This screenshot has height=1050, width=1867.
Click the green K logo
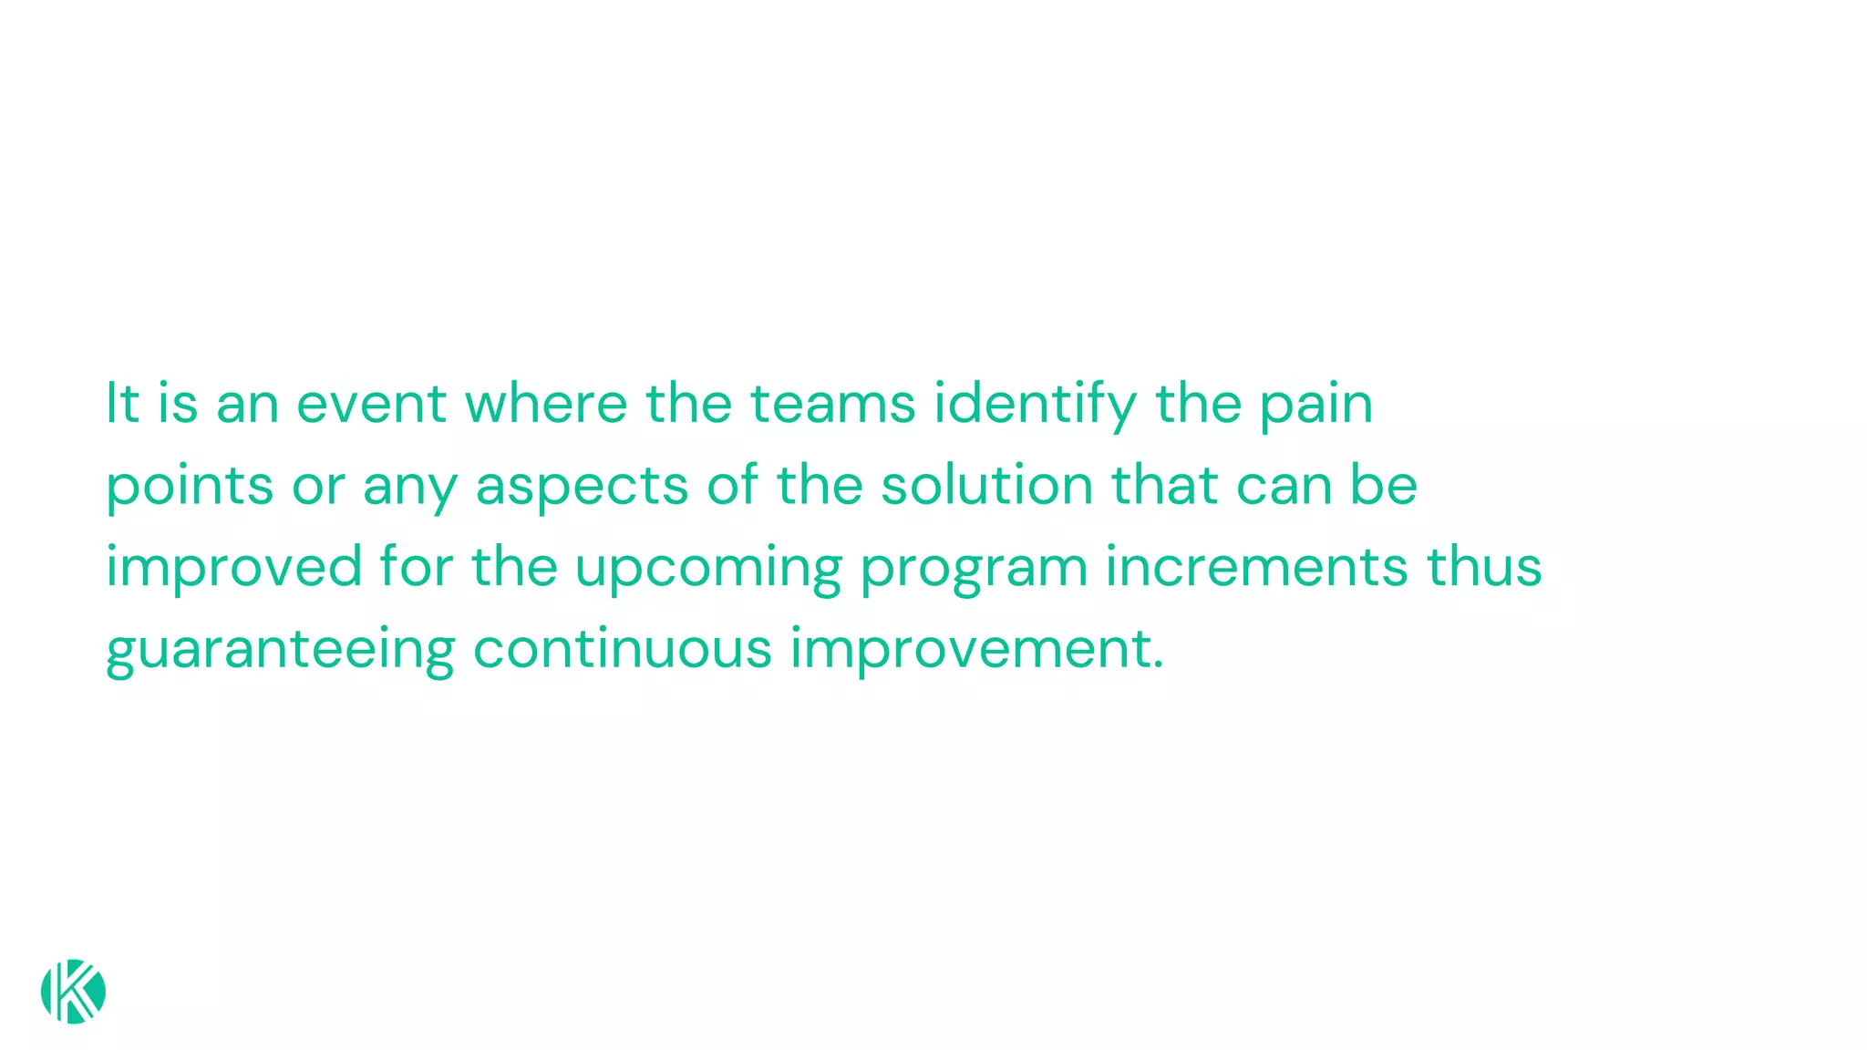(73, 992)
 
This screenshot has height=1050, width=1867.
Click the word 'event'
(371, 404)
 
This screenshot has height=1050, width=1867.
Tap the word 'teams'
(832, 404)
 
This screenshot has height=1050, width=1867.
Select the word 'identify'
(1036, 404)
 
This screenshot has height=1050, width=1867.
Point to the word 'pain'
(1315, 406)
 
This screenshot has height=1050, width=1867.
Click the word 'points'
(190, 486)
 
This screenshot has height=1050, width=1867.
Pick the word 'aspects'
(582, 488)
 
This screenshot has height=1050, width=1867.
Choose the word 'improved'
(234, 568)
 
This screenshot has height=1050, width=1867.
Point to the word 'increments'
(1256, 566)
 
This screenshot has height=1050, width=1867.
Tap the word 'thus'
(1484, 566)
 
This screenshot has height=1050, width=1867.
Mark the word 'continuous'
(623, 648)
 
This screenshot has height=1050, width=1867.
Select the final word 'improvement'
(976, 650)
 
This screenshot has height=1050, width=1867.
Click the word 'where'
(546, 404)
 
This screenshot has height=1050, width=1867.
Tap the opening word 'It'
(122, 404)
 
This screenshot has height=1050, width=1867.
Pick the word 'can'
(1284, 486)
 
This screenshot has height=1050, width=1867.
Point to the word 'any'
(409, 488)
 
